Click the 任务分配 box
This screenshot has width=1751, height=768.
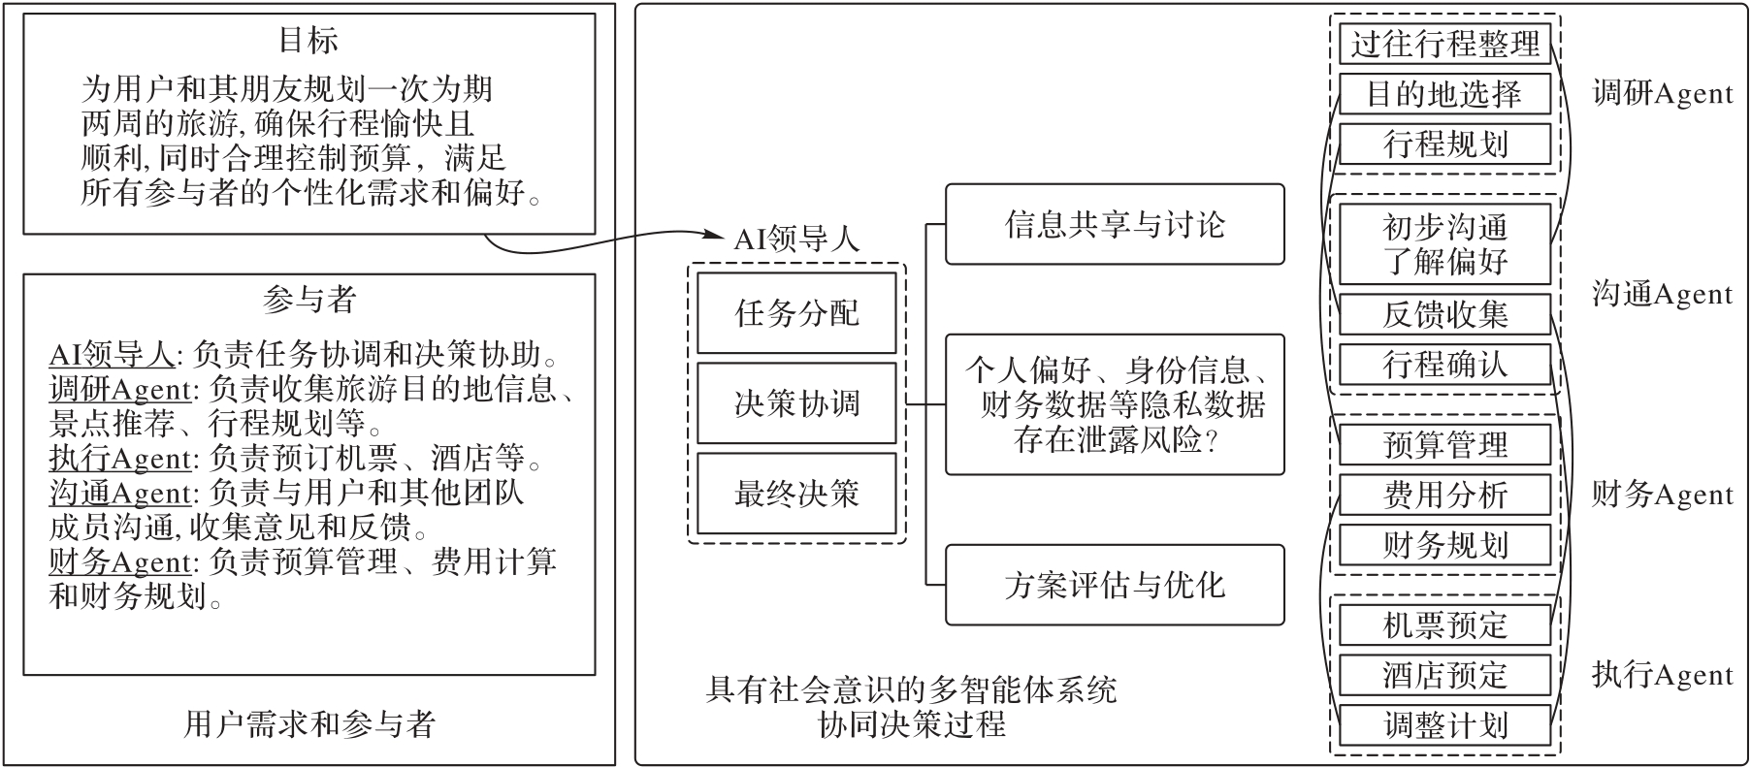pyautogui.click(x=796, y=313)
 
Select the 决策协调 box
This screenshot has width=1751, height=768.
pyautogui.click(x=796, y=403)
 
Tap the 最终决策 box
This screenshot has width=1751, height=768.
pyautogui.click(x=796, y=494)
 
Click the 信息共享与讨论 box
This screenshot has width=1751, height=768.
pyautogui.click(x=1115, y=224)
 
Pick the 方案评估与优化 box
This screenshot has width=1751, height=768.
pyautogui.click(x=1115, y=585)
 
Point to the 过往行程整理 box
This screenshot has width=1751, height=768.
pyautogui.click(x=1445, y=44)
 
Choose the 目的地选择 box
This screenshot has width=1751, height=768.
pyautogui.click(x=1445, y=94)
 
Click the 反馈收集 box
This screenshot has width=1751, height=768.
pyautogui.click(x=1445, y=314)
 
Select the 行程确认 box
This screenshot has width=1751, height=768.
pyautogui.click(x=1445, y=365)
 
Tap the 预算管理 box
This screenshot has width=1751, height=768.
pyautogui.click(x=1445, y=444)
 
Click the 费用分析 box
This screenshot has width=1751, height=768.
pyautogui.click(x=1445, y=495)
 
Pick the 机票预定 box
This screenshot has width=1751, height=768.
pyautogui.click(x=1445, y=624)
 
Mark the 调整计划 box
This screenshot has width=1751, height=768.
pyautogui.click(x=1445, y=725)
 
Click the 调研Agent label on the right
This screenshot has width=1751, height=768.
pyautogui.click(x=1662, y=94)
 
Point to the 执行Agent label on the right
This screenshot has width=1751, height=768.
pyautogui.click(x=1662, y=675)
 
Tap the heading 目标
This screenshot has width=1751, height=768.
pyautogui.click(x=308, y=41)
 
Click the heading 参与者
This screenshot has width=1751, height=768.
pyautogui.click(x=309, y=299)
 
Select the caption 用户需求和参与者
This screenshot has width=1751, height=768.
pyautogui.click(x=309, y=723)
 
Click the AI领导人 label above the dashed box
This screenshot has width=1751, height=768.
pyautogui.click(x=796, y=240)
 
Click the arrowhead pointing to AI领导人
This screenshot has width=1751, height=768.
pyautogui.click(x=719, y=234)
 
